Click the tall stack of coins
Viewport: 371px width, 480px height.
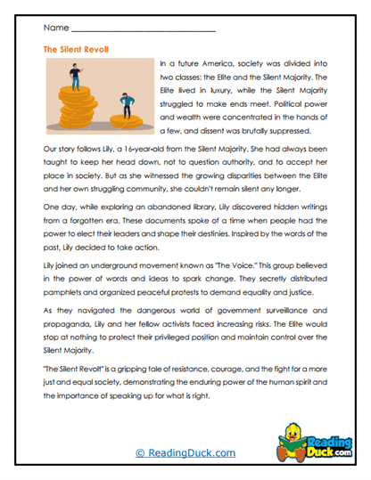pyautogui.click(x=78, y=112)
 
